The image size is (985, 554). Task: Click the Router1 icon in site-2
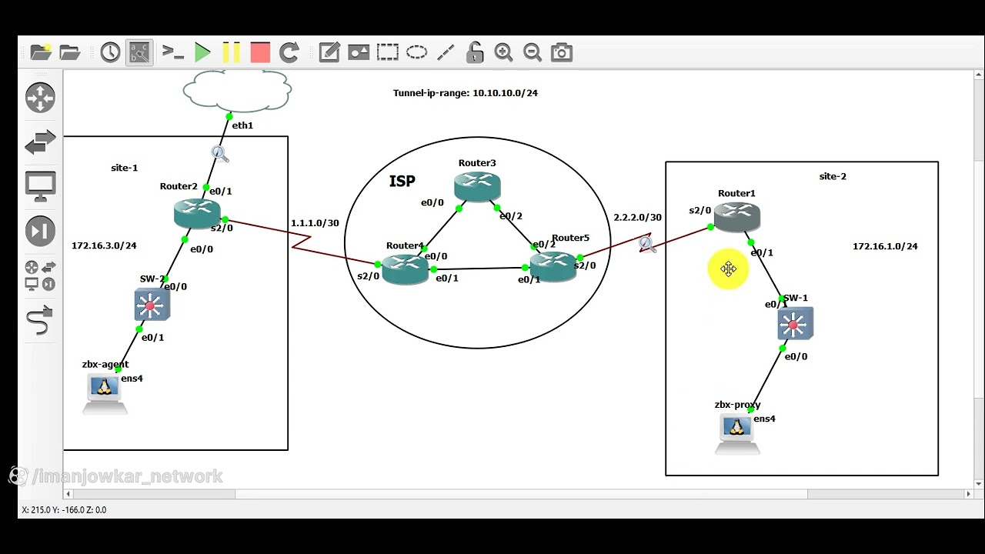click(x=737, y=218)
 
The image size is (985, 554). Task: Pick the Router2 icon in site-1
click(x=197, y=213)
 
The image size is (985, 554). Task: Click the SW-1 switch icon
click(x=795, y=324)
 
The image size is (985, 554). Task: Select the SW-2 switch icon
click(x=151, y=305)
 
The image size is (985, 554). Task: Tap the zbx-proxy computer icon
click(x=736, y=432)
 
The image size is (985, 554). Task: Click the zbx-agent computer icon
click(x=105, y=392)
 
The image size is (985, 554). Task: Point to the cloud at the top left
click(x=237, y=92)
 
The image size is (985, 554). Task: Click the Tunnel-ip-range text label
click(x=465, y=93)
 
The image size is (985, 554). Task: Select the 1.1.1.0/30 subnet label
click(x=314, y=223)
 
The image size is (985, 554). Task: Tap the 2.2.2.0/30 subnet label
click(x=636, y=218)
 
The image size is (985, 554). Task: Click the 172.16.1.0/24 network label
click(x=884, y=246)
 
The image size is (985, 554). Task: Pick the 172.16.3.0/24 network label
click(x=104, y=245)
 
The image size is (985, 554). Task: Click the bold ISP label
click(x=402, y=182)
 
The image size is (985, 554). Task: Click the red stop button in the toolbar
click(x=260, y=52)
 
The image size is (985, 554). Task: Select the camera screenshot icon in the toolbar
click(x=562, y=52)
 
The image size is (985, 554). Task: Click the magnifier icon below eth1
click(x=219, y=154)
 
